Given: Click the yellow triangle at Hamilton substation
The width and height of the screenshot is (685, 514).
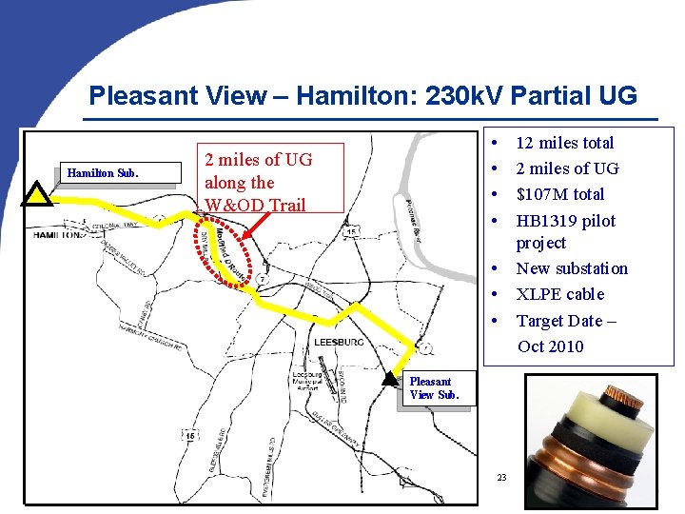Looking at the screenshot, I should (x=36, y=194).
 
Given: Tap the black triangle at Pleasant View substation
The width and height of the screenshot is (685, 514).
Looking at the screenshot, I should (x=389, y=378).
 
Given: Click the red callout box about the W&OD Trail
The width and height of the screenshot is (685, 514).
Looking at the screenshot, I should (x=257, y=182).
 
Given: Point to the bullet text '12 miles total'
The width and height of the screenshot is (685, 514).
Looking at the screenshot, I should (x=564, y=143).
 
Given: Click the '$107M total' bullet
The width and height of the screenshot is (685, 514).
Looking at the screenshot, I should (x=559, y=194).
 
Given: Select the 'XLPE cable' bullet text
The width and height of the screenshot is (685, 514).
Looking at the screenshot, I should (x=559, y=294).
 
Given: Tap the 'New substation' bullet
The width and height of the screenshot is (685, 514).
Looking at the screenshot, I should (x=572, y=268).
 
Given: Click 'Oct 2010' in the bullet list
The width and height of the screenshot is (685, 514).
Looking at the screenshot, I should (x=550, y=346).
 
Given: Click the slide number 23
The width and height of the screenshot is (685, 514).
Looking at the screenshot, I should (x=501, y=476).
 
